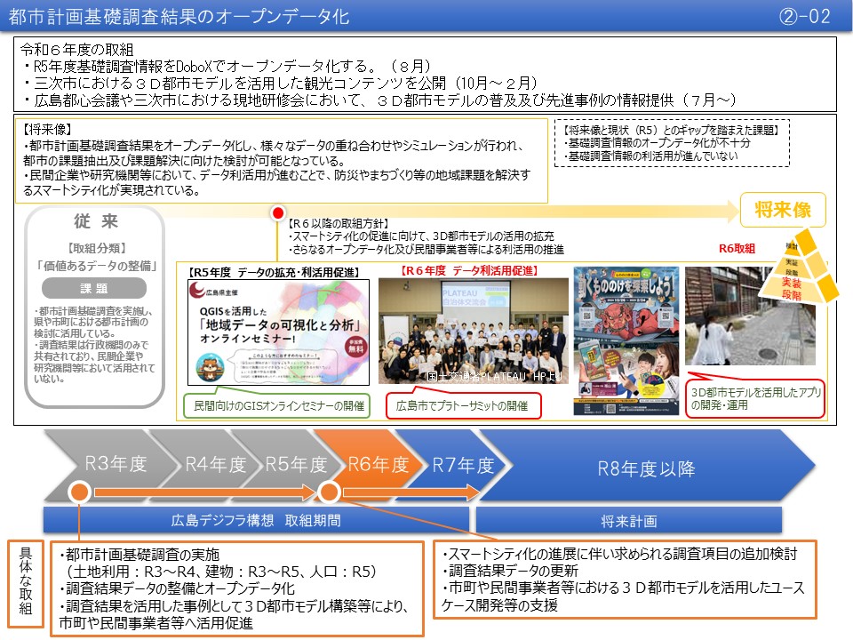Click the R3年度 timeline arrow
(x=114, y=465)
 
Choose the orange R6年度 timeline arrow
(x=377, y=465)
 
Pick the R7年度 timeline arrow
(x=462, y=465)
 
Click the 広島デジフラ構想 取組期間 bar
(x=256, y=519)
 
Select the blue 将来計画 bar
(x=628, y=519)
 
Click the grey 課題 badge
(x=94, y=289)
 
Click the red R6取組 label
(x=737, y=248)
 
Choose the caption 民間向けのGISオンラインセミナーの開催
(x=275, y=406)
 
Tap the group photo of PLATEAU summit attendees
(x=473, y=334)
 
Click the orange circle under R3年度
(x=78, y=491)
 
